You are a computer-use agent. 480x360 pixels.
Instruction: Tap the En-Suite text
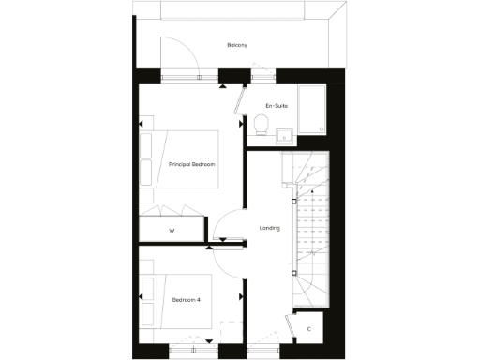276,106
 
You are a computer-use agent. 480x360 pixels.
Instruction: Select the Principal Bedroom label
192,164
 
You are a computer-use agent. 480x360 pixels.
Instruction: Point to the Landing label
270,229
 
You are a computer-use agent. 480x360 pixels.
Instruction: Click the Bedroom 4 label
186,300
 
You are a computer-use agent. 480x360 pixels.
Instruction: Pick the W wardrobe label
172,230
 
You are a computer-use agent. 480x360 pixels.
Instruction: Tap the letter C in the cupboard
309,329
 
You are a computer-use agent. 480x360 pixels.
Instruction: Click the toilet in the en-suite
262,124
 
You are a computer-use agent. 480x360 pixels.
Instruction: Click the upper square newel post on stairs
294,201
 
